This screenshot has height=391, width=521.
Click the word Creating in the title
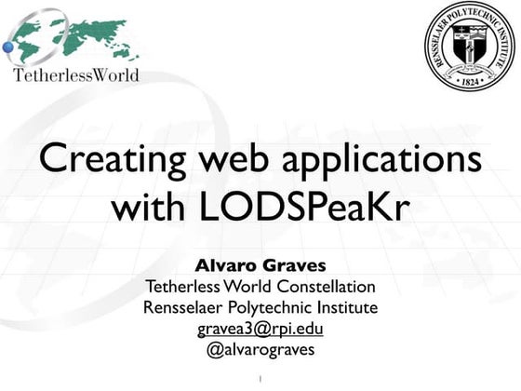coord(113,160)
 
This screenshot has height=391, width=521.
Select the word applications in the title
coord(381,160)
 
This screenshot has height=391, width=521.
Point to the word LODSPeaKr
coord(303,206)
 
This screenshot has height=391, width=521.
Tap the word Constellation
coord(327,287)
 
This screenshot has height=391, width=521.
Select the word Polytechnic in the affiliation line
coord(270,308)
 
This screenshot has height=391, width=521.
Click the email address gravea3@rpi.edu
coord(260,330)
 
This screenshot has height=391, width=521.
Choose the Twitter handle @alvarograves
coord(260,350)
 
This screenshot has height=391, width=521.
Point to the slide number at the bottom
coord(260,378)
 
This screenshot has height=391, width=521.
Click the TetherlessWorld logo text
coord(76,75)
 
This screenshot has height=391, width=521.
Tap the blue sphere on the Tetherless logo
coord(8,47)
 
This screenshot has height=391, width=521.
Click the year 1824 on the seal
coord(470,82)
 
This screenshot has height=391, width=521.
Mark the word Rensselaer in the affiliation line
coord(182,307)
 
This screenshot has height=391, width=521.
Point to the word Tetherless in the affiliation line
coord(182,287)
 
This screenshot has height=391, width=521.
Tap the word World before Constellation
coord(247,287)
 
